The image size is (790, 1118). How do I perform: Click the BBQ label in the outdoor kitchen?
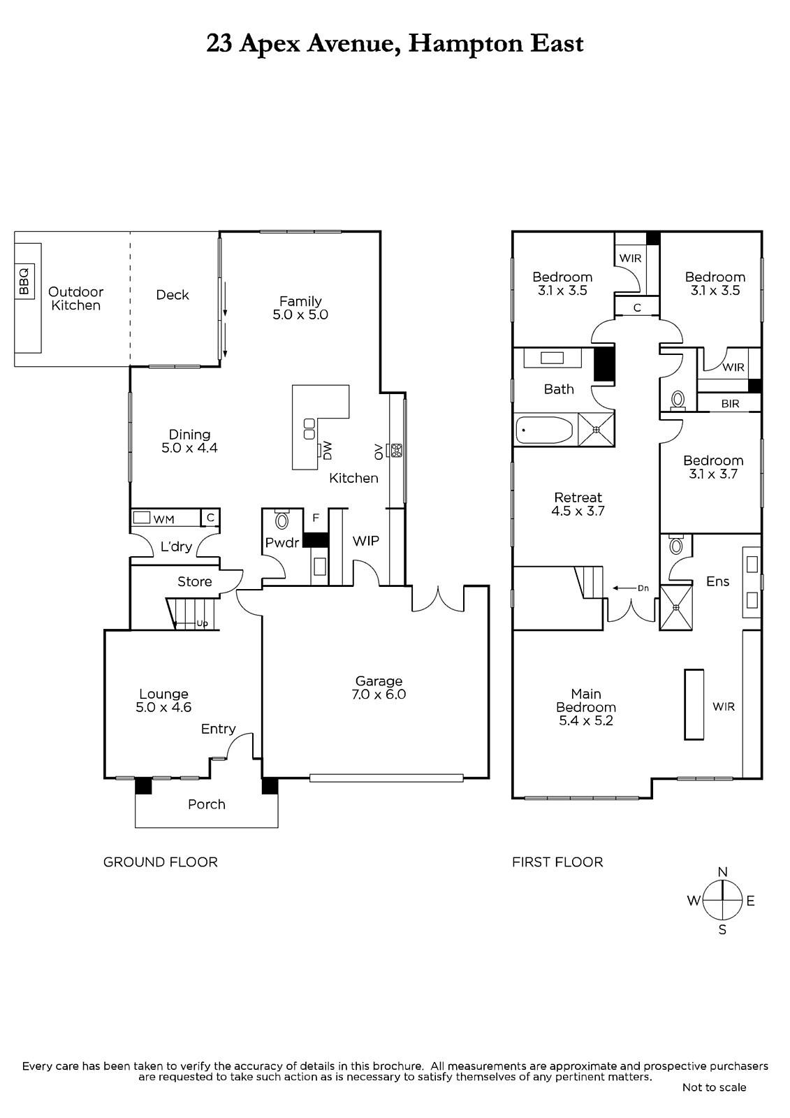point(24,282)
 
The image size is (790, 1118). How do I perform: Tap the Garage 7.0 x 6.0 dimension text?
point(379,695)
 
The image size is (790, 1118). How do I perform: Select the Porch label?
point(207,804)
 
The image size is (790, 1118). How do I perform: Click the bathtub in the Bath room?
point(544,430)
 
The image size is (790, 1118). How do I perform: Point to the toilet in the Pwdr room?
point(282,520)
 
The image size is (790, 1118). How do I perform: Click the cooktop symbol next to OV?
point(397,450)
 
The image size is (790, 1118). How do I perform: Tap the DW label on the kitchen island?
point(328,451)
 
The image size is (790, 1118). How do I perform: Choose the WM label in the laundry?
point(163,520)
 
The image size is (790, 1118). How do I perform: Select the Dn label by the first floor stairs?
point(643,588)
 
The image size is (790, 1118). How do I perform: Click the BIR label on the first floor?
point(730,403)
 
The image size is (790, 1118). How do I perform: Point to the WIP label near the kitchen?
point(366,541)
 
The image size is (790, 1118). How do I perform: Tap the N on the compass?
point(722,872)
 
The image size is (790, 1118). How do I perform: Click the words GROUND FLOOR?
point(160,862)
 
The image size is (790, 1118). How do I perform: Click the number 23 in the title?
point(219,44)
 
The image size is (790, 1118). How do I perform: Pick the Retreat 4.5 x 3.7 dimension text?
point(578,511)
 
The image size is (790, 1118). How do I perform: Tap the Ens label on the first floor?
point(717,581)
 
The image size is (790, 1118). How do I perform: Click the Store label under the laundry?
point(195,581)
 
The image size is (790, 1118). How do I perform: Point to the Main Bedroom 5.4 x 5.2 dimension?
point(586,720)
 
